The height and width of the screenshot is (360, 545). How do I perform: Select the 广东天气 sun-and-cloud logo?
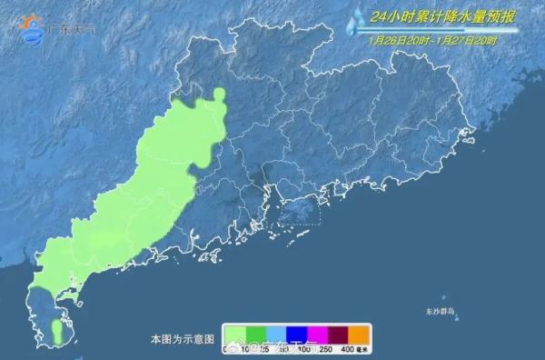pyautogui.click(x=34, y=29)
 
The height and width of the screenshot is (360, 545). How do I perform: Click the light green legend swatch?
pyautogui.click(x=235, y=335)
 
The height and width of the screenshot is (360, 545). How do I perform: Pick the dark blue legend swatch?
pyautogui.click(x=297, y=335)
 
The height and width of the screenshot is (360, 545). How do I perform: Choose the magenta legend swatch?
pyautogui.click(x=318, y=335)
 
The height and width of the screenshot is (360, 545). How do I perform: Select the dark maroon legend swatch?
pyautogui.click(x=339, y=335)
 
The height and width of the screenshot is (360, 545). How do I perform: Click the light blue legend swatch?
pyautogui.click(x=276, y=335)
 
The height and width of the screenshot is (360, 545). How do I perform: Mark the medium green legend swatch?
pyautogui.click(x=255, y=335)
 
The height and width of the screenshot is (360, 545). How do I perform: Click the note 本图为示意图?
pyautogui.click(x=183, y=338)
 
